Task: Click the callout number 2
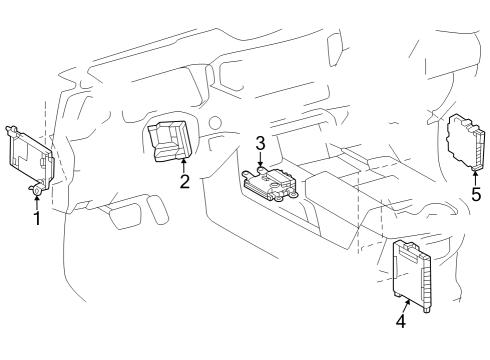coord(184,181)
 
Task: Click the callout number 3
coord(259,143)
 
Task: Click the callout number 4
coord(400,322)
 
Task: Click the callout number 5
coord(475,194)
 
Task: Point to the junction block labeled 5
coord(465,142)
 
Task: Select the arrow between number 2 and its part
coord(184,164)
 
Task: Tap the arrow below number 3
coord(260,160)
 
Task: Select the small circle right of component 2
coord(213,122)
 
